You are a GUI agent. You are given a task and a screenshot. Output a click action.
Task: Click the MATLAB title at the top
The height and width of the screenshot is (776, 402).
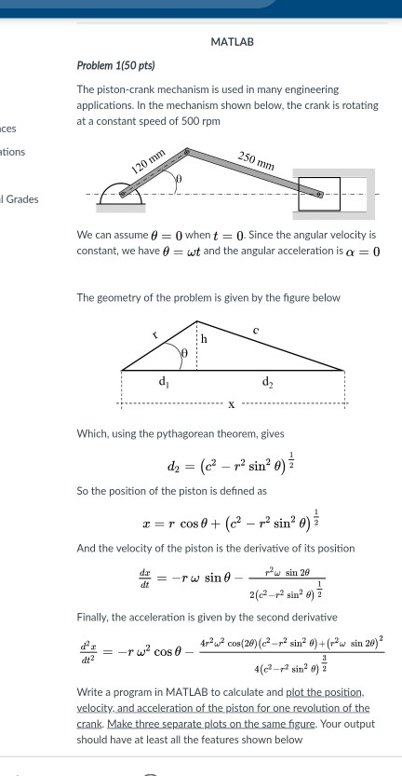pyautogui.click(x=232, y=43)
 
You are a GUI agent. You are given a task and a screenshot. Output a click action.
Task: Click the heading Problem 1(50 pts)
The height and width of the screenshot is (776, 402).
pyautogui.click(x=116, y=66)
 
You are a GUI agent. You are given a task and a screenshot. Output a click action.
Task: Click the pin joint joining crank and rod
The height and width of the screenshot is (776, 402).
pyautogui.click(x=186, y=150)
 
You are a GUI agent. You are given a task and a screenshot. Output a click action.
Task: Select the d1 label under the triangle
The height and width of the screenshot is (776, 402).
pyautogui.click(x=164, y=381)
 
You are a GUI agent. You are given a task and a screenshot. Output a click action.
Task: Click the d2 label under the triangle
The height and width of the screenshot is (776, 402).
pyautogui.click(x=268, y=381)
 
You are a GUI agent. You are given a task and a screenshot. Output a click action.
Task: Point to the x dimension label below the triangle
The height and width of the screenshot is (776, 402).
pyautogui.click(x=231, y=404)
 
